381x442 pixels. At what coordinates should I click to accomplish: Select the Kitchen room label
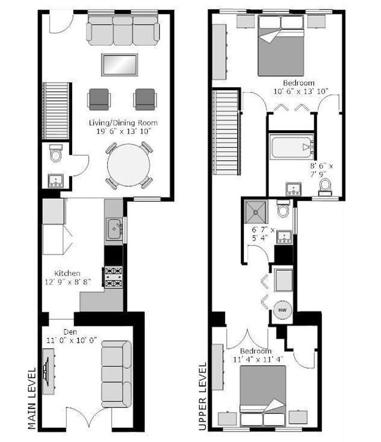click(x=67, y=273)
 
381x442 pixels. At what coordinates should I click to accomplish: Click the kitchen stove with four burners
click(x=113, y=277)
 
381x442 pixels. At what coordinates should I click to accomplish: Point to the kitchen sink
click(x=114, y=227)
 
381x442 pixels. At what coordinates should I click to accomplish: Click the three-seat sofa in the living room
click(x=123, y=30)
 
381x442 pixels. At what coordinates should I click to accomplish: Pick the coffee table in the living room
click(x=120, y=64)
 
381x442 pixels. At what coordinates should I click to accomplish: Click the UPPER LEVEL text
click(x=202, y=396)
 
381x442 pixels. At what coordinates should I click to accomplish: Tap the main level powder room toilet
click(x=56, y=154)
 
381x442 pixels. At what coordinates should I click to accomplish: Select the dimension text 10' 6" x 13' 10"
click(x=300, y=91)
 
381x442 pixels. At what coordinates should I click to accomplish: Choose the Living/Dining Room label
click(x=123, y=123)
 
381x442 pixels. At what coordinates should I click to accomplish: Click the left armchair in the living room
click(x=98, y=98)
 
